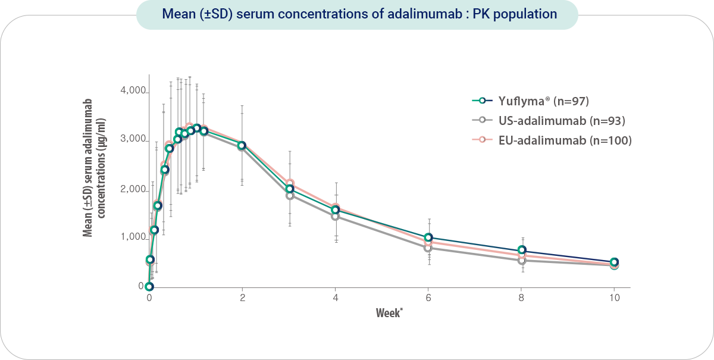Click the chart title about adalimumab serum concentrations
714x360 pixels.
coord(357,14)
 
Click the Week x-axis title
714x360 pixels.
coord(389,312)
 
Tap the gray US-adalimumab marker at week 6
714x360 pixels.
coord(428,248)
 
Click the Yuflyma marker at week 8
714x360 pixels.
coord(522,250)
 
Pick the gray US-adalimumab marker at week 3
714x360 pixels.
coord(289,195)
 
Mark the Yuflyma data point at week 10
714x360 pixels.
coord(614,262)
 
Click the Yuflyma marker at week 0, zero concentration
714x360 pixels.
coord(149,286)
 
